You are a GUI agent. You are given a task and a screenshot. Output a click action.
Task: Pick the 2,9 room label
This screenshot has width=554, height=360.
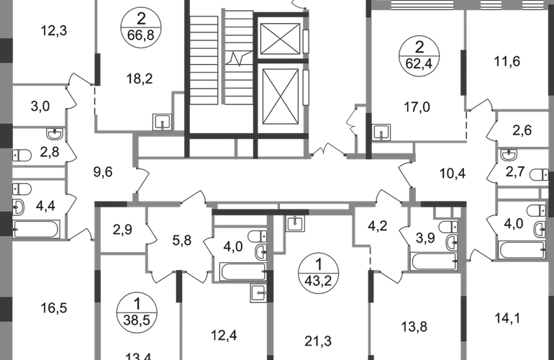(122, 231)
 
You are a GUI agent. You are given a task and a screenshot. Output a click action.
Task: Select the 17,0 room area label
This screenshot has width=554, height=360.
(417, 112)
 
